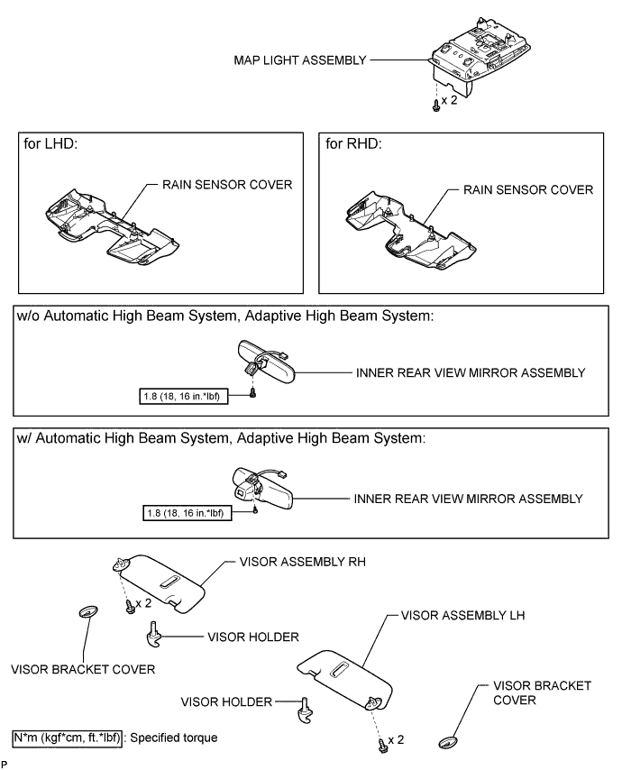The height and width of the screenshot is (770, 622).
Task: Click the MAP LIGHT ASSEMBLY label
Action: pos(297,61)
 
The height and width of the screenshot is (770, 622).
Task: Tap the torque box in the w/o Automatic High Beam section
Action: pos(185,396)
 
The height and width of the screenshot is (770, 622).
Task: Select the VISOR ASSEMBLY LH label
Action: pos(459,617)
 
